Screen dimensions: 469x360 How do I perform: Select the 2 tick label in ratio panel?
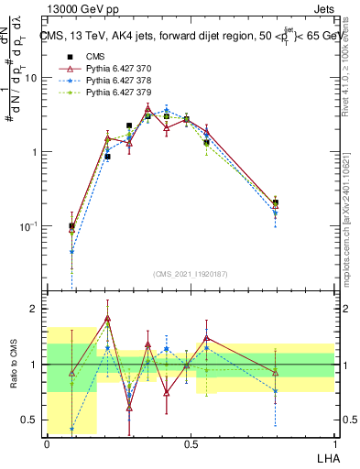(x=37, y=309)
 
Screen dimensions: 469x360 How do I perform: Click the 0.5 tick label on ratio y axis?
(x=33, y=420)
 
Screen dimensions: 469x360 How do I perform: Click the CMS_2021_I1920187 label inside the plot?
(x=191, y=274)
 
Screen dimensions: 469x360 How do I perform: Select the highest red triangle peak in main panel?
(x=148, y=108)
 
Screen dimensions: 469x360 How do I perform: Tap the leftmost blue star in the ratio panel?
(x=71, y=429)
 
